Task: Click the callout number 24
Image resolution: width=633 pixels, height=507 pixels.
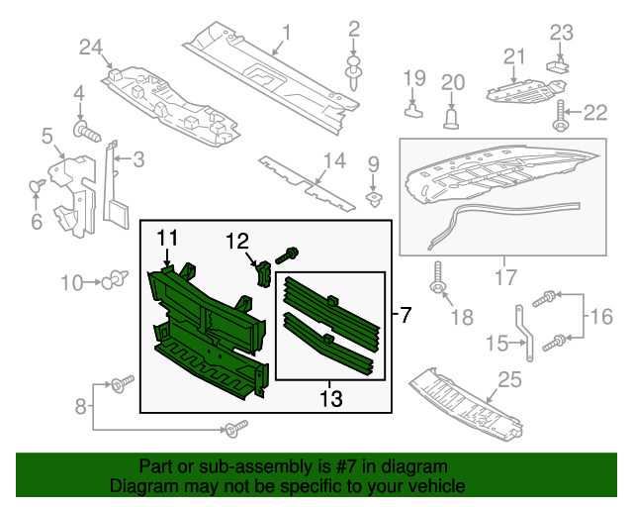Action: [x=91, y=47]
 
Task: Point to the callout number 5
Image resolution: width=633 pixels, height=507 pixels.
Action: [x=45, y=136]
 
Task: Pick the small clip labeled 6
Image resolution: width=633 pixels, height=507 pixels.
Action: [x=40, y=185]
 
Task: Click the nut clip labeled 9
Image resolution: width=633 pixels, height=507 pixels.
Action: [x=373, y=197]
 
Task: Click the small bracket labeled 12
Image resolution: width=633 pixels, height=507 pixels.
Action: [x=263, y=271]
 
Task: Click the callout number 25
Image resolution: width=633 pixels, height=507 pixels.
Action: [x=509, y=379]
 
